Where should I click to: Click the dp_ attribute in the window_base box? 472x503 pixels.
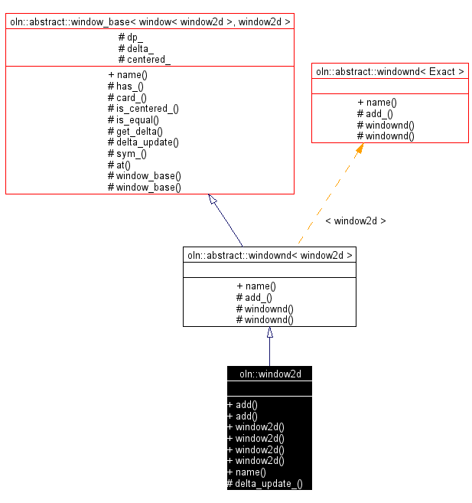[132, 37]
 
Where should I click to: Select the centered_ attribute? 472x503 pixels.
[144, 59]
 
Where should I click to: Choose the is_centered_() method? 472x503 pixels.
[143, 109]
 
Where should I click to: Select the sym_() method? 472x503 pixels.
[127, 153]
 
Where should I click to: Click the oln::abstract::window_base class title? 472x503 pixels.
[150, 21]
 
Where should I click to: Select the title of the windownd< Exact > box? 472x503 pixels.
[390, 71]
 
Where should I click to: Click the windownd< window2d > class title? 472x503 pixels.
[269, 254]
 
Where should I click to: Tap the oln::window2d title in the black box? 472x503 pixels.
[269, 374]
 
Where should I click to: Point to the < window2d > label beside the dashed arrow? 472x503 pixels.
[356, 220]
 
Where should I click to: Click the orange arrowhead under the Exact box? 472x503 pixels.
[359, 149]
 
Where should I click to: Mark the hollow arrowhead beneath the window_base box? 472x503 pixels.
[213, 200]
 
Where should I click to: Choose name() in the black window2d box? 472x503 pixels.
[246, 472]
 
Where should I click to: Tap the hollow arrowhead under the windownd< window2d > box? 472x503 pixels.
[269, 332]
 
